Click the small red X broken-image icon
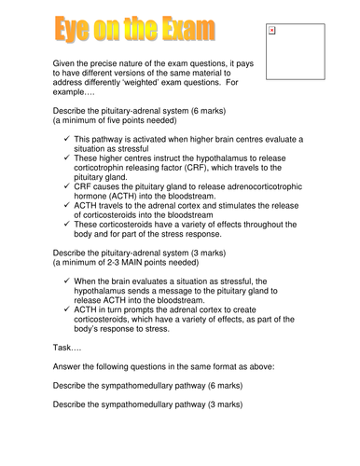click(271, 31)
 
